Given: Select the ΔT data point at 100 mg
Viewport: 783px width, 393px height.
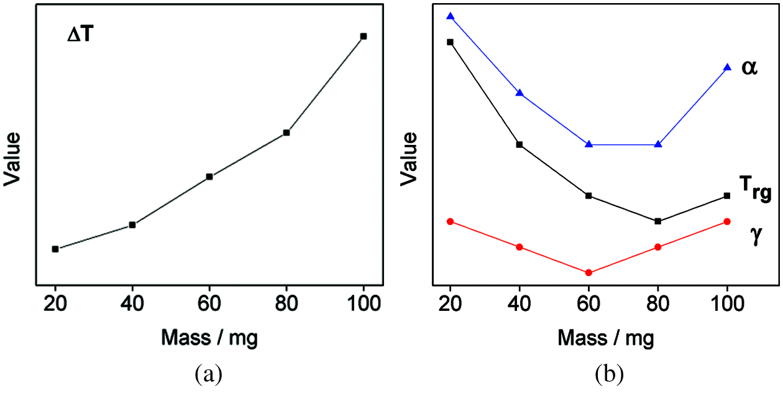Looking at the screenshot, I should point(364,36).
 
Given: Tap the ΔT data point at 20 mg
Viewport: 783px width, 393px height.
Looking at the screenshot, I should point(55,249).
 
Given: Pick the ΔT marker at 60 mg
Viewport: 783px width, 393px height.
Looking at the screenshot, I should point(209,177).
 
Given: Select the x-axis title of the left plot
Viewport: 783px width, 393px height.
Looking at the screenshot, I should point(209,338).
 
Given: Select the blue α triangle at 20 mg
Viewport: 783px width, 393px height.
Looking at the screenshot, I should point(451,16).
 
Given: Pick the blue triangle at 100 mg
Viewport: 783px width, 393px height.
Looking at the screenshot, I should point(728,67).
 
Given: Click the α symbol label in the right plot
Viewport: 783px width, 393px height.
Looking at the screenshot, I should point(749,67).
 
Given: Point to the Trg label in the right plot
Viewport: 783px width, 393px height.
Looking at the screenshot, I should point(754,188).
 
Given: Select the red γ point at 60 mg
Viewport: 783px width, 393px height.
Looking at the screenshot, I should point(589,272).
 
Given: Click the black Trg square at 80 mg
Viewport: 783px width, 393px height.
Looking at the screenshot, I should point(658,221).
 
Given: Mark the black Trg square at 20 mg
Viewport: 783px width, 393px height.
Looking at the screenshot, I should point(451,42).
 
